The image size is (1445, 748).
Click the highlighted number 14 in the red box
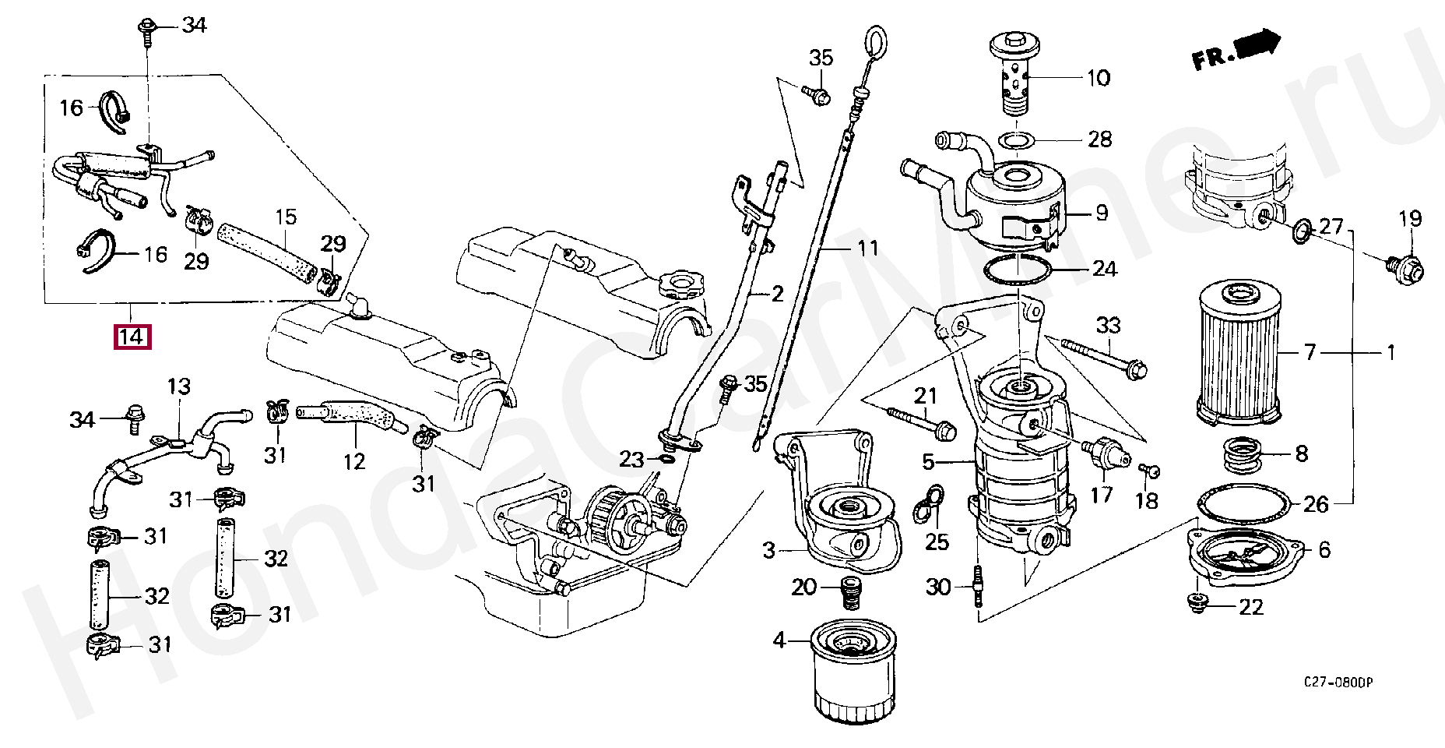(x=132, y=337)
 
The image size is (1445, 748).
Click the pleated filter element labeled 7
(x=1237, y=355)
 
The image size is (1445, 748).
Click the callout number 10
(x=1098, y=78)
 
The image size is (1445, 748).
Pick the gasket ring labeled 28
(x=1015, y=140)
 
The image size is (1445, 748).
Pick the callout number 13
(x=178, y=386)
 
